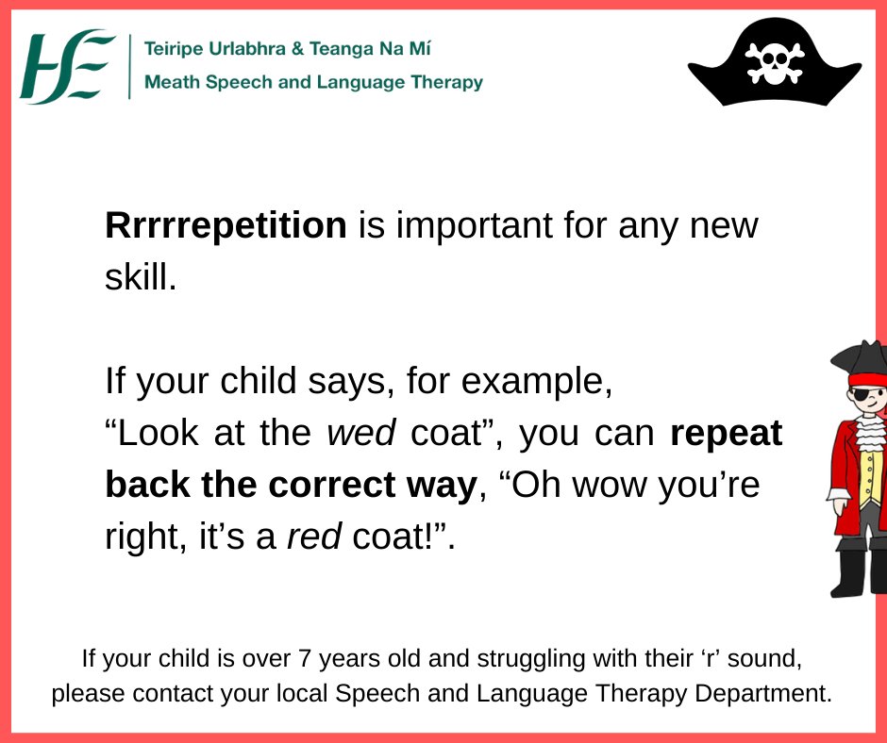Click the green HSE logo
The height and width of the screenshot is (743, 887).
[67, 66]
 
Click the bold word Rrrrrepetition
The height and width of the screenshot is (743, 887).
[226, 226]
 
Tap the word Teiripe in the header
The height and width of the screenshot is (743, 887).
[175, 48]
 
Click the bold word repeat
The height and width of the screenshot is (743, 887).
[726, 433]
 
